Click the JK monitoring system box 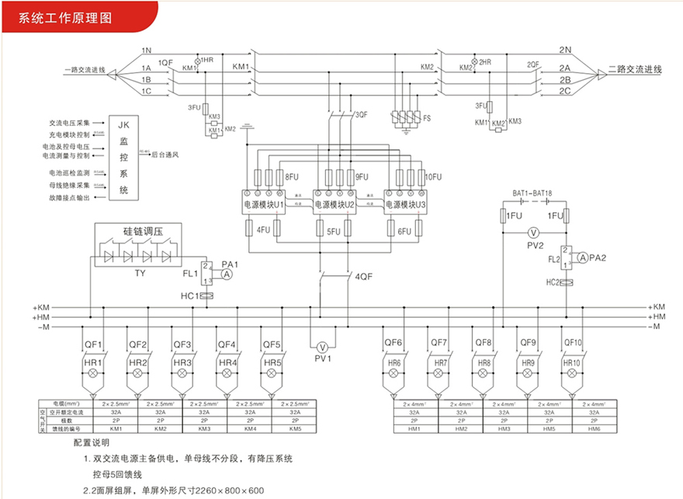pos(123,157)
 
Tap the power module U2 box pos(335,204)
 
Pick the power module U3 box pos(406,204)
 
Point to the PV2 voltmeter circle pos(532,232)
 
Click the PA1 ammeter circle pos(226,275)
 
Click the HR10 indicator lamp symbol pos(572,374)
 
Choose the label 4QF pos(363,276)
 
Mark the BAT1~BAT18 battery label pos(533,192)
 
